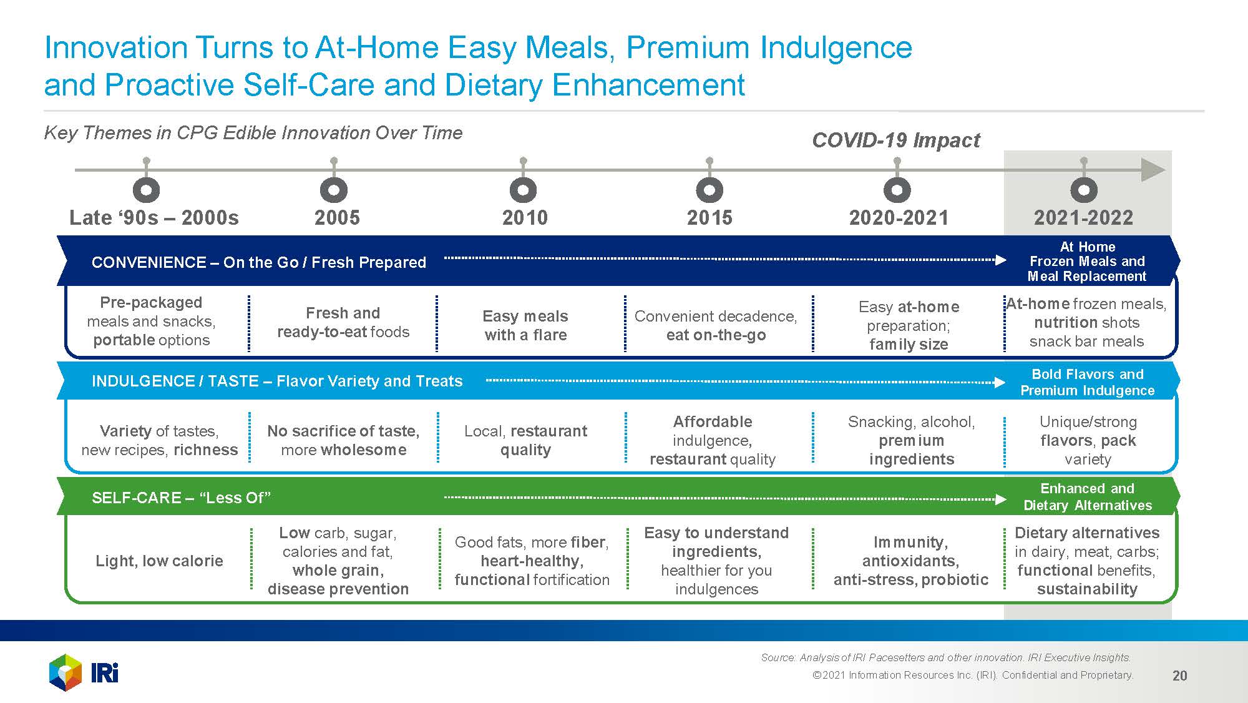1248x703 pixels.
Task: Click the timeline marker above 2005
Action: tap(334, 190)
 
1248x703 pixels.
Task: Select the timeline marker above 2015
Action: tap(709, 190)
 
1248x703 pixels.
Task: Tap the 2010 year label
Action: tap(525, 218)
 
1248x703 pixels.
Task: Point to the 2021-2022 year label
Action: tap(1083, 218)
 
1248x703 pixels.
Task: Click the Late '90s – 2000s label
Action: tap(154, 218)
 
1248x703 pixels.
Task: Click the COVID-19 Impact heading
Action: tap(896, 140)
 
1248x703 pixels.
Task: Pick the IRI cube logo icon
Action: tap(66, 672)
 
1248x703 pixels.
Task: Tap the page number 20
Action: tap(1179, 676)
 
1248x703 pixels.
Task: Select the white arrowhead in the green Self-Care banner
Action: tap(1000, 499)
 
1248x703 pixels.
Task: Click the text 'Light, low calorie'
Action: tap(159, 561)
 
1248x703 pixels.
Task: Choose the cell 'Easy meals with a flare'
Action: tap(525, 325)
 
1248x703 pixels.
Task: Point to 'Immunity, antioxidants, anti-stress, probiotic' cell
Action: tap(911, 561)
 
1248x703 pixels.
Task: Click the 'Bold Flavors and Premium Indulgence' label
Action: tap(1088, 382)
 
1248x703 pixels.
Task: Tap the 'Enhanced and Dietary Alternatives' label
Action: tap(1088, 497)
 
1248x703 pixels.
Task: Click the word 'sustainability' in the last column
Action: tap(1087, 589)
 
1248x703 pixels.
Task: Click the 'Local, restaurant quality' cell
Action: tap(525, 440)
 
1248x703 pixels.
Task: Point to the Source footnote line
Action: tap(946, 657)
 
